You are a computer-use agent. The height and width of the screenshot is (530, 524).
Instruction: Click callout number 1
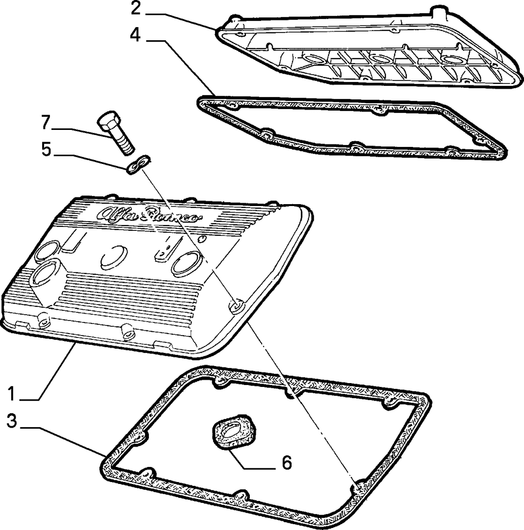click(x=12, y=393)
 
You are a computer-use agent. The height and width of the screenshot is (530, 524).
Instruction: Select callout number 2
click(x=136, y=9)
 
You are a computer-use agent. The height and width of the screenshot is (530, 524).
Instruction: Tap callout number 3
click(x=12, y=421)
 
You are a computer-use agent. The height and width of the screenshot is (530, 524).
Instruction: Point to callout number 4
click(x=135, y=35)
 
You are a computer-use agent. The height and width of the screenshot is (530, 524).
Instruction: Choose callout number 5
click(x=47, y=149)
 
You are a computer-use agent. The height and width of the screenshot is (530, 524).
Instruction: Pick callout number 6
click(x=287, y=463)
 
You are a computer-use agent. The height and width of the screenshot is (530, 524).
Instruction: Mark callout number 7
click(x=46, y=122)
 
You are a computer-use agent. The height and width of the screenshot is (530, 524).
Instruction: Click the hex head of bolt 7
click(x=108, y=122)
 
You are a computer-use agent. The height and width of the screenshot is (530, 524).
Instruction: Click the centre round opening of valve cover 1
click(x=114, y=257)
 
